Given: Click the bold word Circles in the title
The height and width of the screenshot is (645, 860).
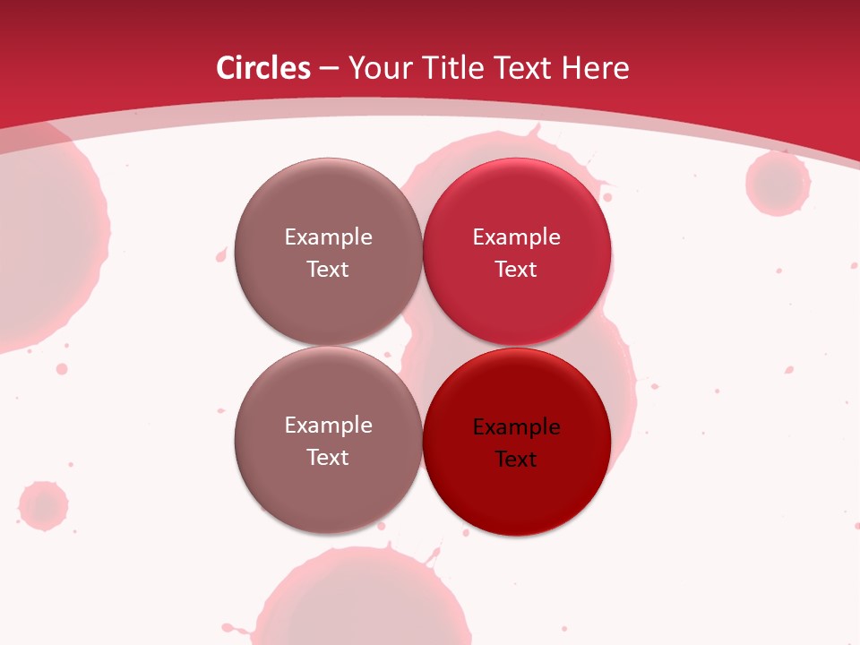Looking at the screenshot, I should [262, 68].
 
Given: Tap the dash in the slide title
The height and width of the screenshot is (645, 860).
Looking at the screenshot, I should [329, 69].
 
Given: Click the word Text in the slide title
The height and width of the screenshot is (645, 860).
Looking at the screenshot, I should [524, 68].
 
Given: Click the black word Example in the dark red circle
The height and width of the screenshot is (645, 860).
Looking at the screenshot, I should [516, 427].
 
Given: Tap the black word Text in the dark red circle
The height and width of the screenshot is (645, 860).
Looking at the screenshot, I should [516, 460].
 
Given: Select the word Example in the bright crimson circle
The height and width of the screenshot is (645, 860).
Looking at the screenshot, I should [516, 237].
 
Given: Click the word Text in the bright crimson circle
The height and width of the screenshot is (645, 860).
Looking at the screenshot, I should [516, 270].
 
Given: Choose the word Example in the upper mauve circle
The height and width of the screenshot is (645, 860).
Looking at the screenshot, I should [328, 237].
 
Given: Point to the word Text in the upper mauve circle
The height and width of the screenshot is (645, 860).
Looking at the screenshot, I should [328, 270].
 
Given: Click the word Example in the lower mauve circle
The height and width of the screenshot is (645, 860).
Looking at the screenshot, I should [328, 426].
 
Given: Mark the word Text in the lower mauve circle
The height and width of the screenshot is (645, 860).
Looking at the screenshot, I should [328, 458].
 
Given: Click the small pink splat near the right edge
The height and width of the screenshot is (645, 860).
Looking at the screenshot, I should [778, 184].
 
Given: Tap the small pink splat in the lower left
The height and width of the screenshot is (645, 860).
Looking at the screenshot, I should [43, 505].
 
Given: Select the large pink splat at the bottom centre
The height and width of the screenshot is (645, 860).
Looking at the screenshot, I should [367, 600].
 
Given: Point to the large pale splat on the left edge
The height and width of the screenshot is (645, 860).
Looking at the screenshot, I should [45, 242].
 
